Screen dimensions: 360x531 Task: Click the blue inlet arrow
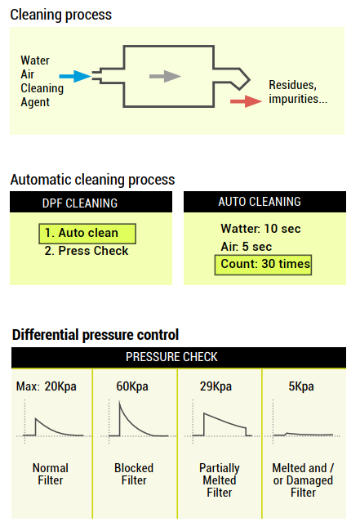coord(75,76)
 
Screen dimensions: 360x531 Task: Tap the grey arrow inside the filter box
coord(165,76)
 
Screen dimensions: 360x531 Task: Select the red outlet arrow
coord(246,101)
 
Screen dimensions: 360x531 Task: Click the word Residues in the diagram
coord(292,85)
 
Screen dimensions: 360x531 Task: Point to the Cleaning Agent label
coord(42,95)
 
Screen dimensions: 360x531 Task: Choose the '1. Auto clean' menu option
coord(87,234)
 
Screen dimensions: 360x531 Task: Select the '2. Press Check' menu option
coord(87,251)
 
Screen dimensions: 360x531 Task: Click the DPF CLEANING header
coord(80,203)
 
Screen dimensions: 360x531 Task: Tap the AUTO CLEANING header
coord(260,202)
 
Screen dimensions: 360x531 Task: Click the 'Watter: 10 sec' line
coord(260,229)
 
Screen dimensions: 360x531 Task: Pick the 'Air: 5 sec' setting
coord(246,247)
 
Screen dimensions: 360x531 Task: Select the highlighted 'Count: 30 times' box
coord(263,265)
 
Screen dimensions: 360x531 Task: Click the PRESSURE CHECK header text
coord(171,357)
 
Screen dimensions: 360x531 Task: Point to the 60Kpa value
coord(132,386)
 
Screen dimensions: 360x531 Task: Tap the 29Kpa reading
coord(216,386)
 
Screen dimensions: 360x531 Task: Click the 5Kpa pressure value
coord(301,386)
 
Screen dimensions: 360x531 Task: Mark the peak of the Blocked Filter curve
coord(119,402)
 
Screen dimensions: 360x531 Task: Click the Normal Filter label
coord(51,474)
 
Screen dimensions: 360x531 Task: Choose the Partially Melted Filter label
coord(220,480)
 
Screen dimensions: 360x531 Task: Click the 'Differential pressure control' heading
coord(96,335)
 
